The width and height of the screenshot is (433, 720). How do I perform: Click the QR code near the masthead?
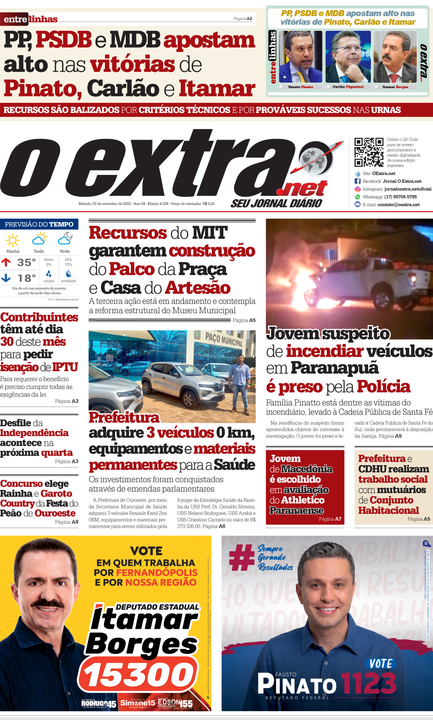369,152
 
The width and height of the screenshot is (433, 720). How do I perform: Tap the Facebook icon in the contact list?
358,181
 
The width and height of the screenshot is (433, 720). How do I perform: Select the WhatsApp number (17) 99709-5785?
400,197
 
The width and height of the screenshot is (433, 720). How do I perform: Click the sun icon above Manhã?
13,240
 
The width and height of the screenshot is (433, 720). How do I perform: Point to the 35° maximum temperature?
26,262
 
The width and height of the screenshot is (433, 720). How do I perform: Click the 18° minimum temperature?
26,278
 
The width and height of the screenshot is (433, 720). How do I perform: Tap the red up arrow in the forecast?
6,262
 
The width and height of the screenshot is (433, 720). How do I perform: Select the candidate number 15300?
138,676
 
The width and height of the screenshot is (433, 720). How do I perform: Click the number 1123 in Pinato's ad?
369,683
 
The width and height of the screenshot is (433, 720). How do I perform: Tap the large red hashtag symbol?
242,557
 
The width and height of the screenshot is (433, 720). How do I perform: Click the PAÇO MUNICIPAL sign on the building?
224,339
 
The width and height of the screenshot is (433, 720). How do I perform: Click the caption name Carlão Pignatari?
348,87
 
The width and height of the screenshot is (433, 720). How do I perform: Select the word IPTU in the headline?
65,367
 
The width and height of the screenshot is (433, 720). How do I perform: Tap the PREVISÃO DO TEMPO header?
39,225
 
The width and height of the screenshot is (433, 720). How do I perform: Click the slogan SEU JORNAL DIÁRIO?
276,203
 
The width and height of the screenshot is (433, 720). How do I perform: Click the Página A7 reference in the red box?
330,519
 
